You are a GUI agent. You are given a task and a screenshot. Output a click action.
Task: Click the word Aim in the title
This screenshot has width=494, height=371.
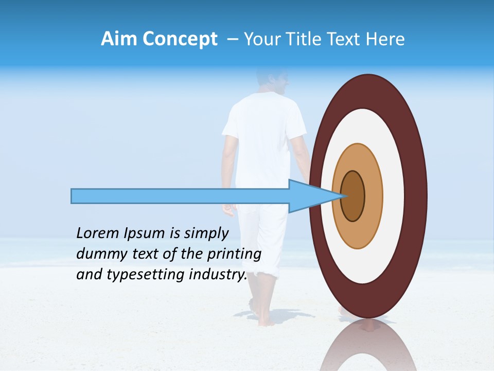[119, 39]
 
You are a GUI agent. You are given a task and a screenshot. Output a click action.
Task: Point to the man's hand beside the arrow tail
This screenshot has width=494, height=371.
[227, 209]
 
